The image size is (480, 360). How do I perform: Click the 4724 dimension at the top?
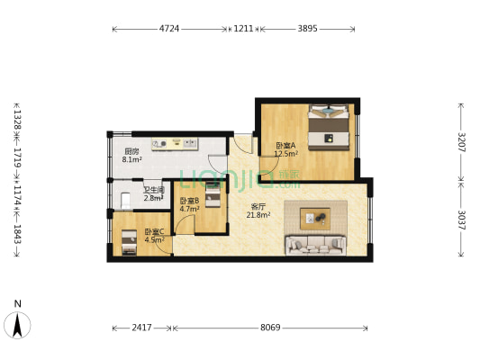[169, 29]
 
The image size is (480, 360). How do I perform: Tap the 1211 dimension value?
[244, 29]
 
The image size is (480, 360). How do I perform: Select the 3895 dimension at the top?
[308, 29]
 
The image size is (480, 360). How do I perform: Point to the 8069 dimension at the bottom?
[270, 328]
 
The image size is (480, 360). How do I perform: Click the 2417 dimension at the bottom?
[141, 328]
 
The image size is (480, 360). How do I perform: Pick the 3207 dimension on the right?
[461, 142]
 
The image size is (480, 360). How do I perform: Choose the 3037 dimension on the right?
[461, 220]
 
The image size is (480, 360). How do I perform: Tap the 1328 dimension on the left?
[17, 119]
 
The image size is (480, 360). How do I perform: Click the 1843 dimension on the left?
[17, 234]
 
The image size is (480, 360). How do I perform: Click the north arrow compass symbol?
[17, 325]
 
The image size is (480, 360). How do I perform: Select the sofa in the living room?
[316, 245]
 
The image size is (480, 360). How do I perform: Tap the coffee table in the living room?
[315, 219]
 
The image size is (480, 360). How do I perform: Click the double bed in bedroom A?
[329, 127]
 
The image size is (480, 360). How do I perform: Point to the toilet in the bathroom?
[125, 201]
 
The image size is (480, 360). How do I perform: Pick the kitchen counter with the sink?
[175, 144]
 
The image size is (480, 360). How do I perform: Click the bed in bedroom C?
[129, 243]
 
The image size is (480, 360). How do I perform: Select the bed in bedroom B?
[213, 194]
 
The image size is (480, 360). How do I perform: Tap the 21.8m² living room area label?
[258, 215]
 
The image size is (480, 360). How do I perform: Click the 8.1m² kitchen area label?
[132, 159]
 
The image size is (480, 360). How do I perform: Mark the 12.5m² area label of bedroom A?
[286, 154]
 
